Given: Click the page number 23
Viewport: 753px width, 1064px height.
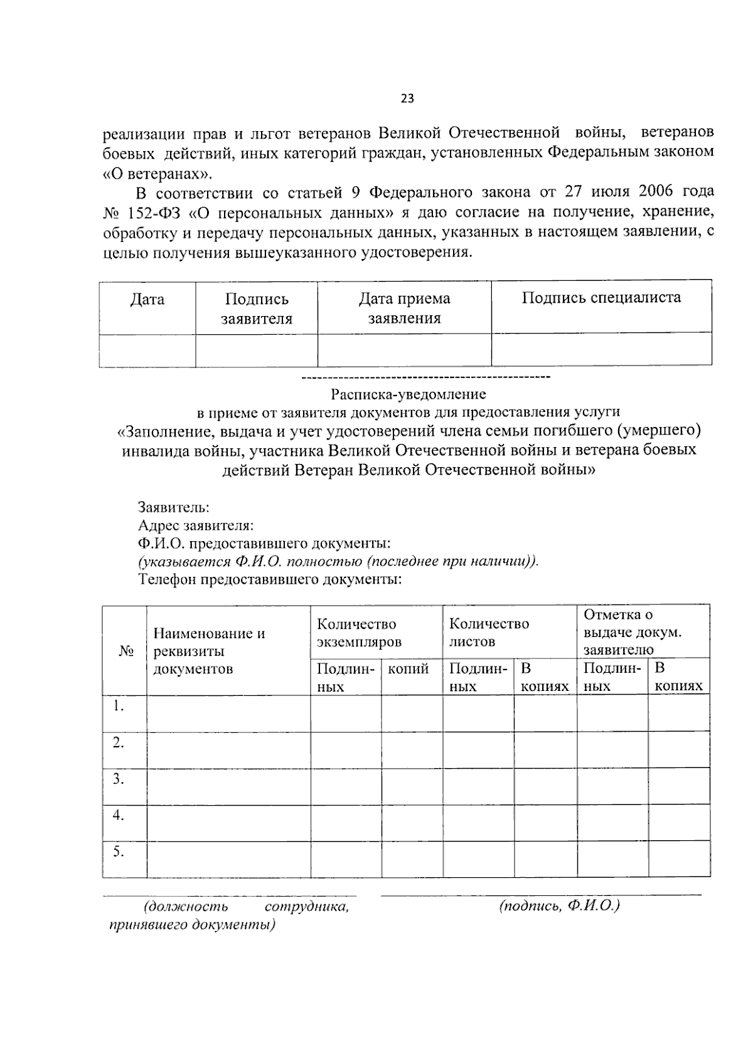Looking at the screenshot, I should [x=407, y=98].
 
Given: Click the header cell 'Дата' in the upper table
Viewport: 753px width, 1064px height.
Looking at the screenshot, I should [x=147, y=300].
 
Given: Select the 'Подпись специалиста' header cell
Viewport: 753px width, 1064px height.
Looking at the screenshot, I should [x=601, y=297].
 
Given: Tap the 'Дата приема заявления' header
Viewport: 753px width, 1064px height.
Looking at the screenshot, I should [x=404, y=308].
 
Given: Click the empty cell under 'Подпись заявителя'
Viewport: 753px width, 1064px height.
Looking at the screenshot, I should [x=256, y=350].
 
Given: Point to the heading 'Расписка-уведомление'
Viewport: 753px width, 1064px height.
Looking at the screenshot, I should [x=409, y=394].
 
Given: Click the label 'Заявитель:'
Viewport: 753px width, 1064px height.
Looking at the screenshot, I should [x=174, y=507].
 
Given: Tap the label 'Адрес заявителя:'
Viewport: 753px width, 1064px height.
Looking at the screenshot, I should [x=195, y=525].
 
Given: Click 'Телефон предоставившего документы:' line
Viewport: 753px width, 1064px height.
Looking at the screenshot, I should [x=270, y=579].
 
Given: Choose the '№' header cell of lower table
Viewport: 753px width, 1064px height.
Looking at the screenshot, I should [x=125, y=651].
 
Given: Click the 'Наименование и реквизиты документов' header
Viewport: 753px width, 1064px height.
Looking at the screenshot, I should [x=210, y=651].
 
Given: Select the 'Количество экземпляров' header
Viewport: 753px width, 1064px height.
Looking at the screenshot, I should [x=359, y=633].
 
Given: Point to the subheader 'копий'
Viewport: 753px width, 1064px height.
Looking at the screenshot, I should [x=409, y=669].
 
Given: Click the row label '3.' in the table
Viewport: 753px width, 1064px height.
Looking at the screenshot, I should [x=118, y=779].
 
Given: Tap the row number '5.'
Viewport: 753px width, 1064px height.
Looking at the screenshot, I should [x=118, y=851].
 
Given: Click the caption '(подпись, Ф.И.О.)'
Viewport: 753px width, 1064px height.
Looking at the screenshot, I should [x=560, y=906].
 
